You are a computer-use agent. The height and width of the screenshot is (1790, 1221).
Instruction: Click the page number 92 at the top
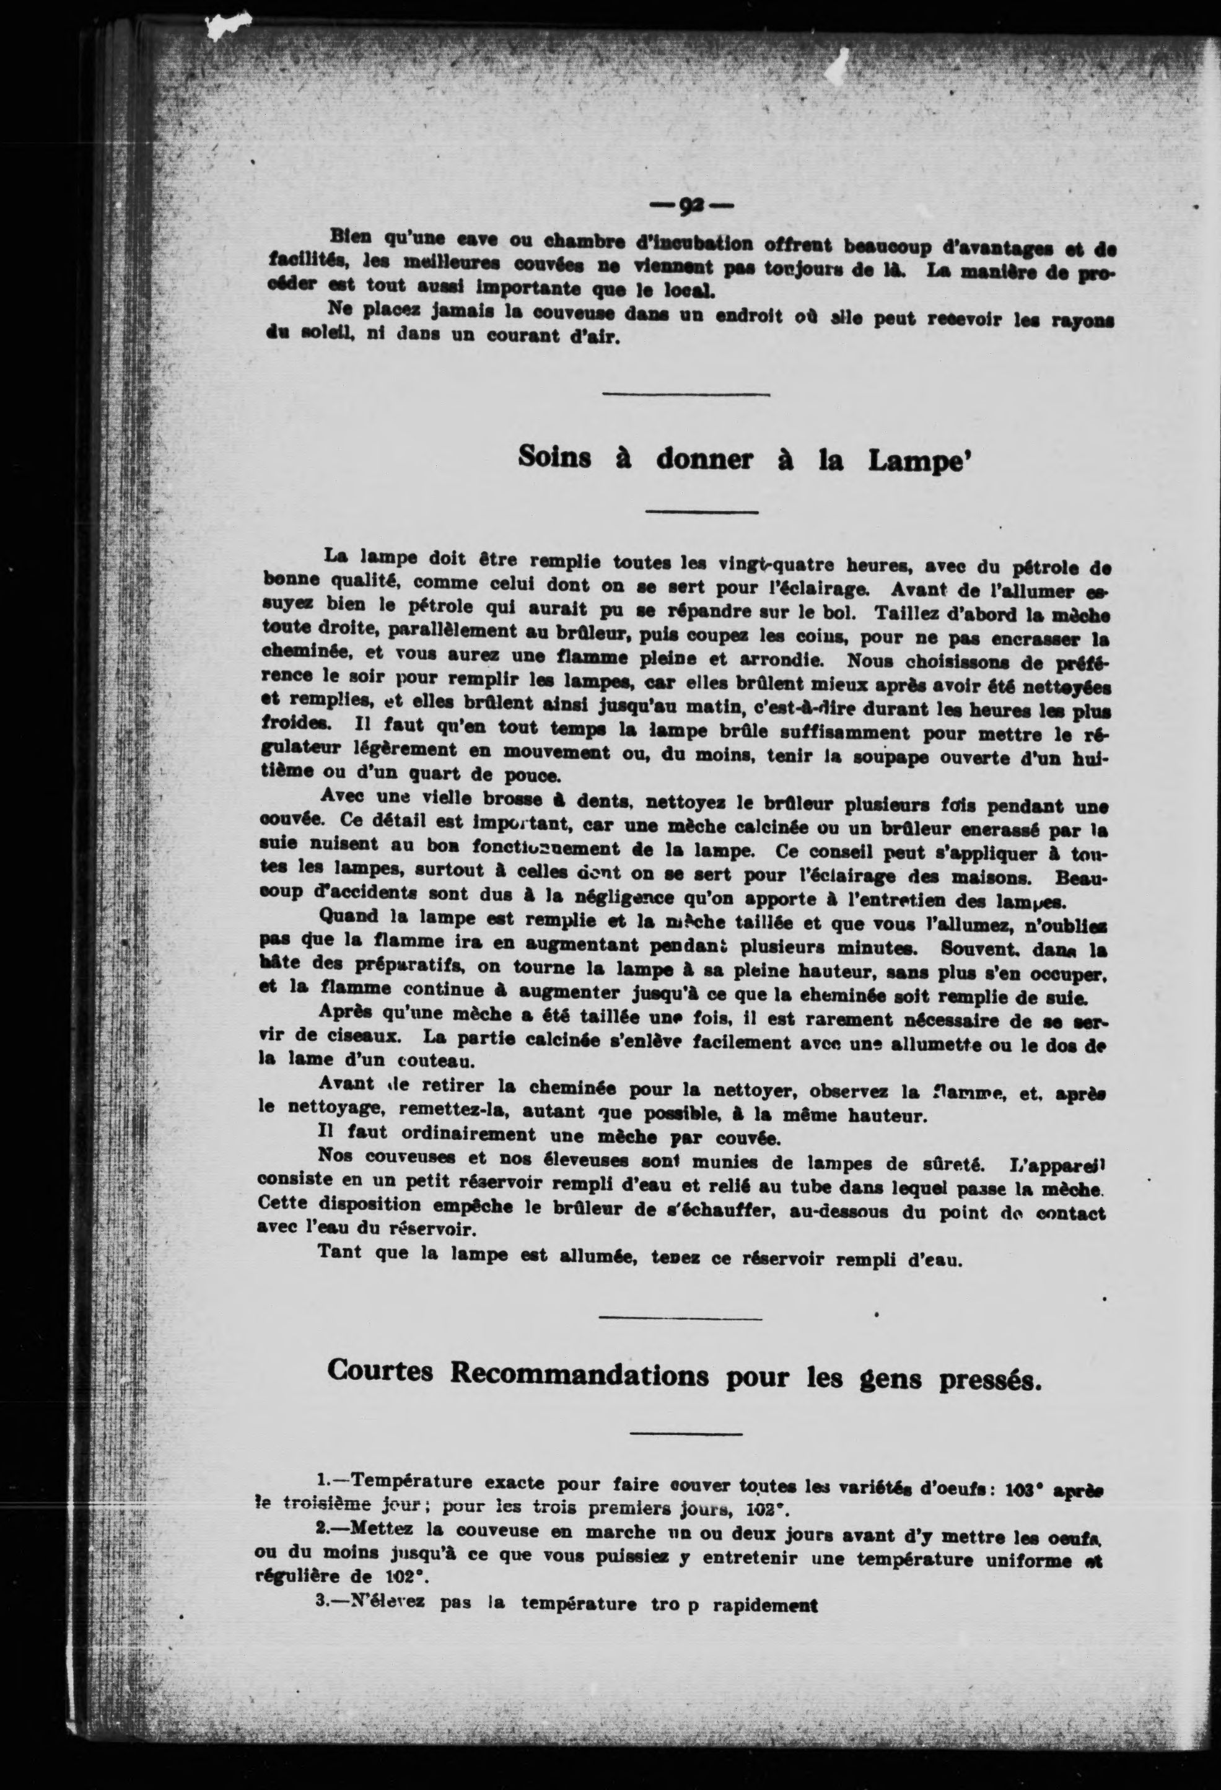691,206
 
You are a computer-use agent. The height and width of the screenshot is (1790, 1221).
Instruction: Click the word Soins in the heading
554,457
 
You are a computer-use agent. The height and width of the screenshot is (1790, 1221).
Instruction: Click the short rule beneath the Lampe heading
701,511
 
